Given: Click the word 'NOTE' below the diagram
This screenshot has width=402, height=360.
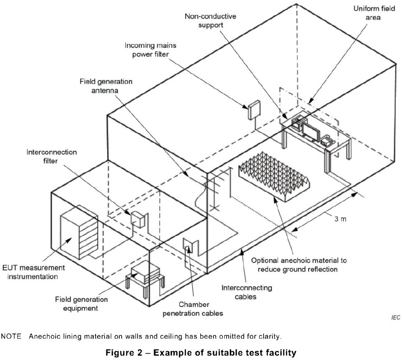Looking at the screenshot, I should tap(12, 336).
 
